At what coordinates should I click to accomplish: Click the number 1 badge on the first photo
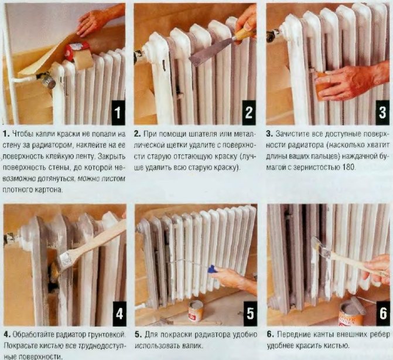118,113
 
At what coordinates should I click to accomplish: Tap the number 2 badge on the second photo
249,113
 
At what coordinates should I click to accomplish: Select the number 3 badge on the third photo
382,113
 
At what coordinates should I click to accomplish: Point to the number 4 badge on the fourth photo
119,314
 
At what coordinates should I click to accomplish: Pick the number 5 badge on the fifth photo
251,314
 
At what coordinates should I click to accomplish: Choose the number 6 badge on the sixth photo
383,314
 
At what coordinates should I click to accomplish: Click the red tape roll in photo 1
77,51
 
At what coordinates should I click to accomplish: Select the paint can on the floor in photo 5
196,311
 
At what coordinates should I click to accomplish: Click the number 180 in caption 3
348,167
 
